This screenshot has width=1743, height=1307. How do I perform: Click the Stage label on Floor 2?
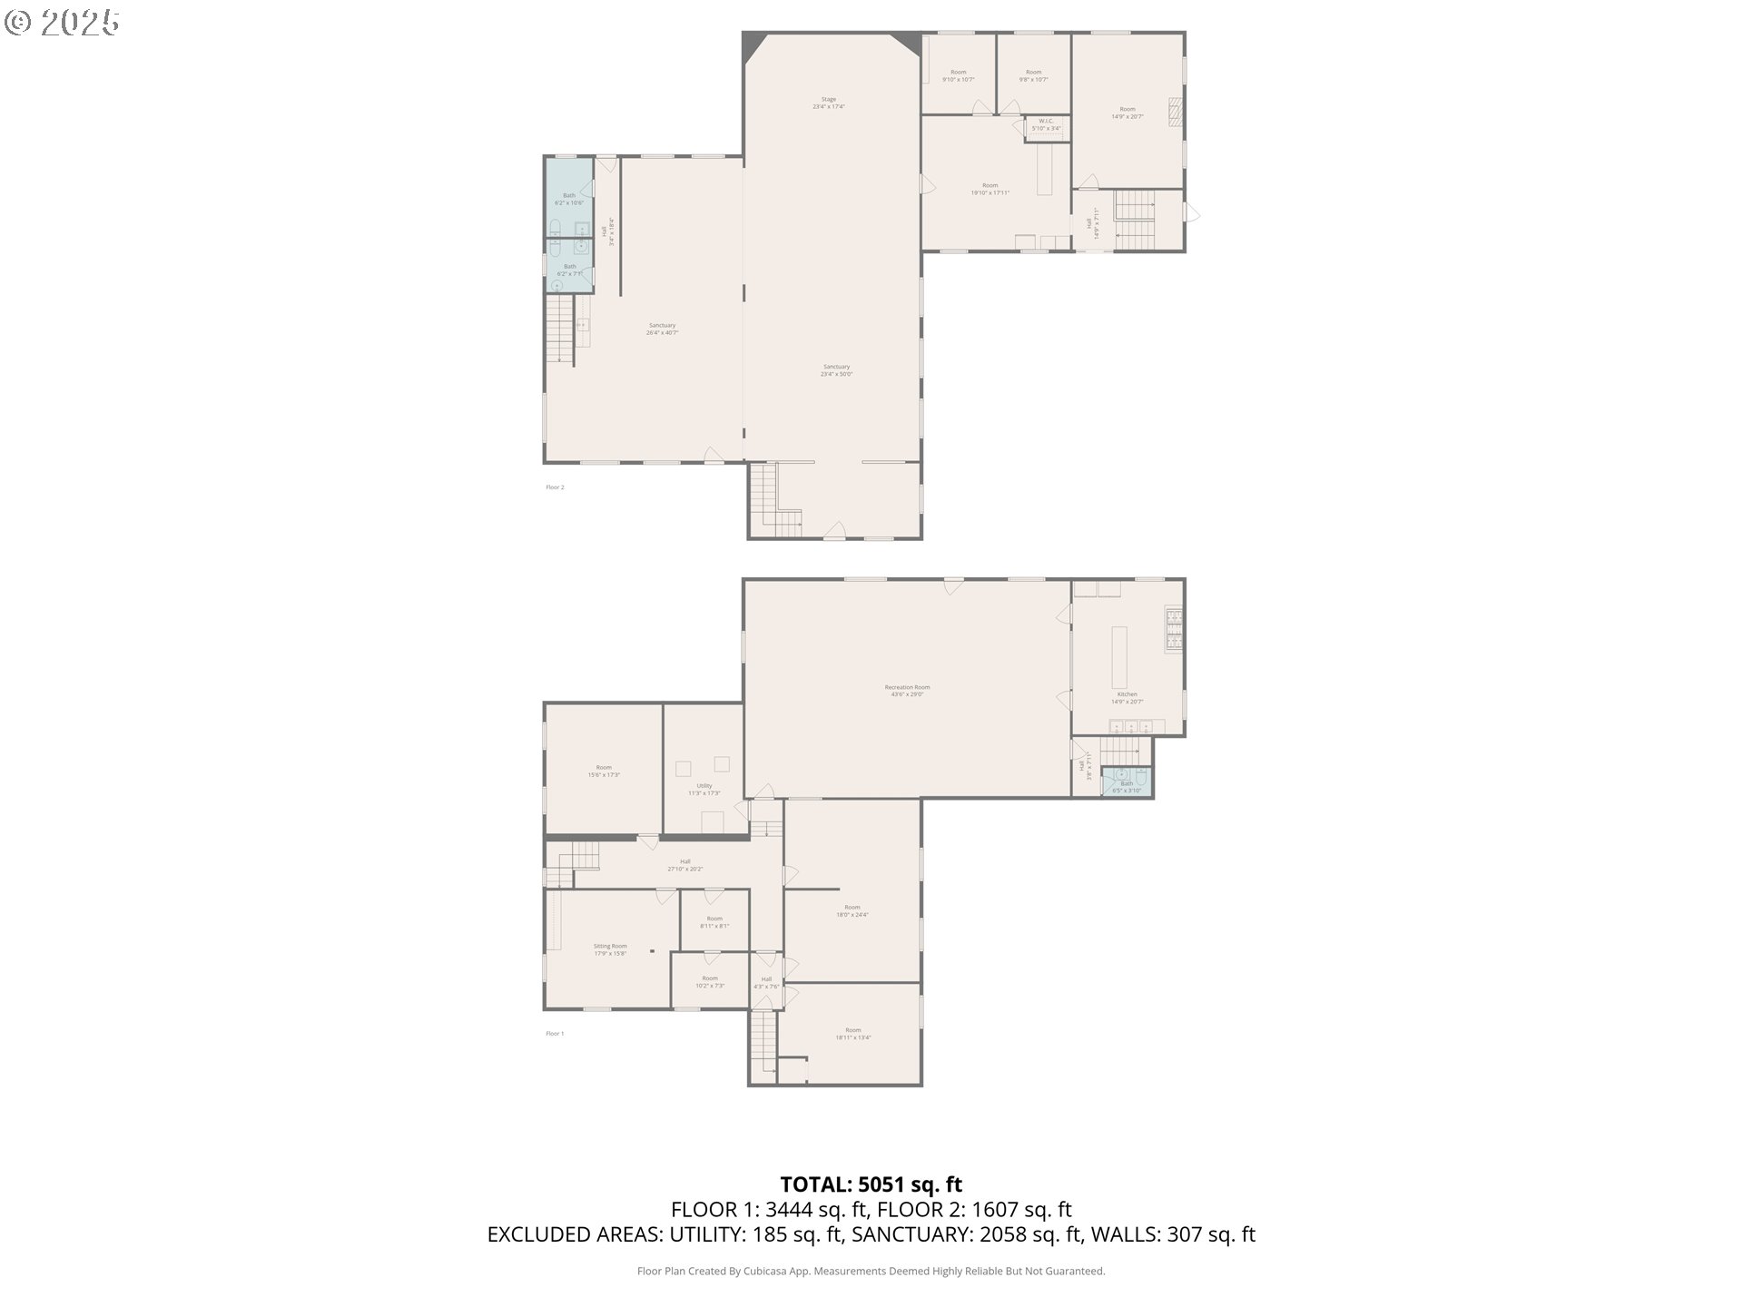tap(828, 103)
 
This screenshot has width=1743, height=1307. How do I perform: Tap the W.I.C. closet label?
tap(1046, 124)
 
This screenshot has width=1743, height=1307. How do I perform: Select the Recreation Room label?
tap(907, 691)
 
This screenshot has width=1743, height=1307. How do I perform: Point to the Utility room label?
tap(704, 789)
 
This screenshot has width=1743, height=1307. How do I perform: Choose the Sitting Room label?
tap(610, 948)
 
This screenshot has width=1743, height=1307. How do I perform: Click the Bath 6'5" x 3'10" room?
tap(1127, 781)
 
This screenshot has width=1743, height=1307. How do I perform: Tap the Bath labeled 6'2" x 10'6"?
tap(568, 199)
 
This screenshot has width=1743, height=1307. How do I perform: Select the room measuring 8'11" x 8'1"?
tap(714, 922)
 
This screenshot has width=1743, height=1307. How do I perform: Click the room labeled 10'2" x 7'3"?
tap(710, 982)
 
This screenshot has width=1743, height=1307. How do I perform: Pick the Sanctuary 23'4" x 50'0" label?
tap(836, 370)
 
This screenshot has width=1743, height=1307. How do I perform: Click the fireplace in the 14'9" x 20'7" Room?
tap(1176, 110)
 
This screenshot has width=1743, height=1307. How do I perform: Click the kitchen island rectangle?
tap(1119, 657)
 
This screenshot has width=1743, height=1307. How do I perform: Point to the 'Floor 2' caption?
tap(555, 487)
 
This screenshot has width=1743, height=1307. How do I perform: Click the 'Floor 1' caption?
tap(555, 1034)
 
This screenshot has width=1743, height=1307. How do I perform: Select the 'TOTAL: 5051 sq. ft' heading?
tap(871, 1184)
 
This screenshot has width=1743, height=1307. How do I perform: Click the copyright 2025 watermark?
tap(62, 22)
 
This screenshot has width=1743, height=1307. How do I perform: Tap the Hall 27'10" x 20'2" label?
tap(684, 865)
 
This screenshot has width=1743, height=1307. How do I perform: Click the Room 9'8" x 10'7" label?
tap(1033, 75)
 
